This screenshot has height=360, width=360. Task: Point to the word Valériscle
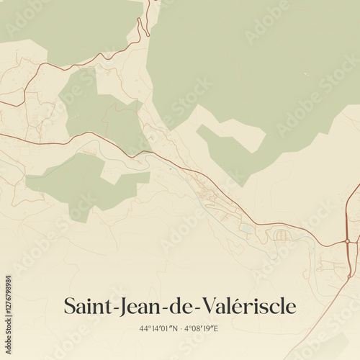(x=246, y=306)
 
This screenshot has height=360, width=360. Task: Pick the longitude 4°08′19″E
(x=202, y=328)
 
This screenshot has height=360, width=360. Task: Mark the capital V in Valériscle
(x=204, y=306)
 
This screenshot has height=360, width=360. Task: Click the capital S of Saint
(x=70, y=306)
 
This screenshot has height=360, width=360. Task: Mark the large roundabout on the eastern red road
(x=348, y=240)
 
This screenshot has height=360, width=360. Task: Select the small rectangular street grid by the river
(x=281, y=235)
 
